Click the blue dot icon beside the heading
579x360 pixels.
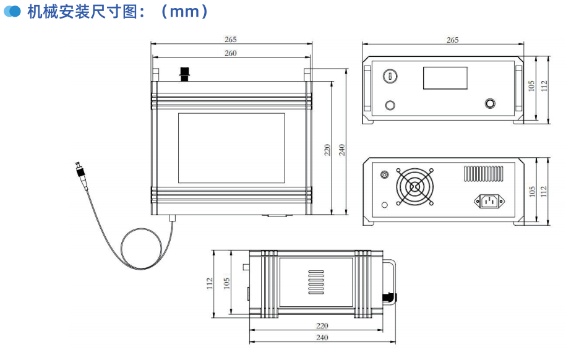coord(12,12)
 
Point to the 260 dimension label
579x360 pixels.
coord(230,53)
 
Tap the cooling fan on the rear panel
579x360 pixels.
coord(414,187)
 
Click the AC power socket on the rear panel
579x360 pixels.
coord(489,200)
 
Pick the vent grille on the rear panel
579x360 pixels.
coord(483,173)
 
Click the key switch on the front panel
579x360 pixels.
coord(390,75)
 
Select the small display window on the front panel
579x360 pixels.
coord(445,78)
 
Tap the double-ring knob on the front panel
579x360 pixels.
coord(491,104)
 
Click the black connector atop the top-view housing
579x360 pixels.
coord(184,74)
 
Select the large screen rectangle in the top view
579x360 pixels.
coord(231,148)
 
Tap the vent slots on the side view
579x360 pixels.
coord(315,281)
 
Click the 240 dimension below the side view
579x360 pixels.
coord(322,338)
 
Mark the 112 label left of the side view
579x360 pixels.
coord(210,283)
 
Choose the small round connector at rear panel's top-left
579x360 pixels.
coord(385,175)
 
